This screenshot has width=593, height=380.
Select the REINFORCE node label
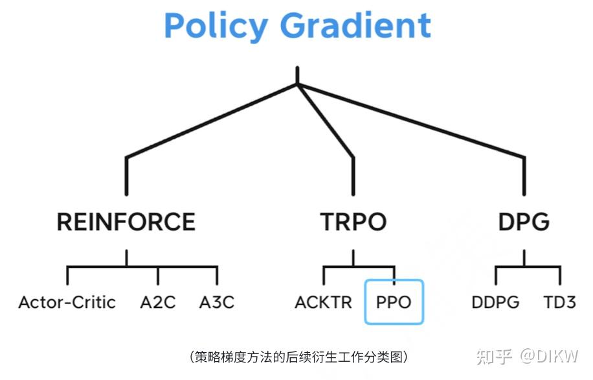[x=126, y=222]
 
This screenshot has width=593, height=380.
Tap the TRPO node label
[x=353, y=222]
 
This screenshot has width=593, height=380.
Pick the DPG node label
[x=524, y=222]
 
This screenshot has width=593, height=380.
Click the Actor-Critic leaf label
[x=67, y=302]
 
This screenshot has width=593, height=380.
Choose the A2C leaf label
[x=157, y=302]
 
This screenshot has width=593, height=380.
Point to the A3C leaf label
[x=216, y=302]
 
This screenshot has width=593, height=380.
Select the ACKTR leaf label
[x=324, y=302]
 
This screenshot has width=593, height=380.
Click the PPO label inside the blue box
[x=394, y=302]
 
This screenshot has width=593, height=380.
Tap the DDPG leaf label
[x=495, y=302]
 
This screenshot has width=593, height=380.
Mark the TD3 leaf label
[x=559, y=302]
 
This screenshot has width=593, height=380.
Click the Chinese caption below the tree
[x=298, y=357]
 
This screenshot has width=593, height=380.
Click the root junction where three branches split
[x=297, y=84]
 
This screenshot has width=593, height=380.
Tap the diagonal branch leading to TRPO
[x=326, y=121]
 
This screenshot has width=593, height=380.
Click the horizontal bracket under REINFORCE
[x=142, y=266]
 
